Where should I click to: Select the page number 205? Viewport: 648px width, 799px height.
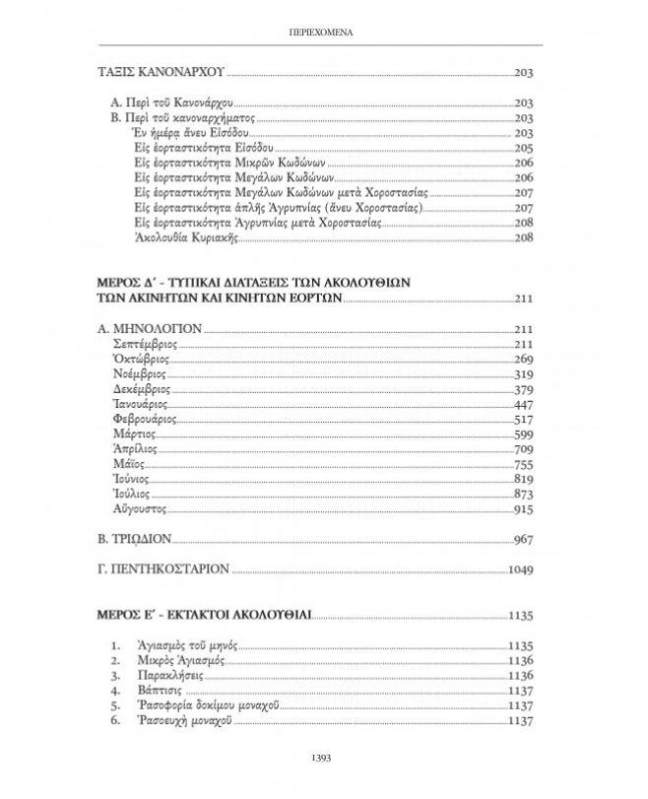(x=523, y=149)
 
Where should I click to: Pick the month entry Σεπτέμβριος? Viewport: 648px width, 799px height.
(x=147, y=344)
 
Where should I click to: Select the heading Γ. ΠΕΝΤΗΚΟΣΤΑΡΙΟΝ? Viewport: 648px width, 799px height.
(x=164, y=568)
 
